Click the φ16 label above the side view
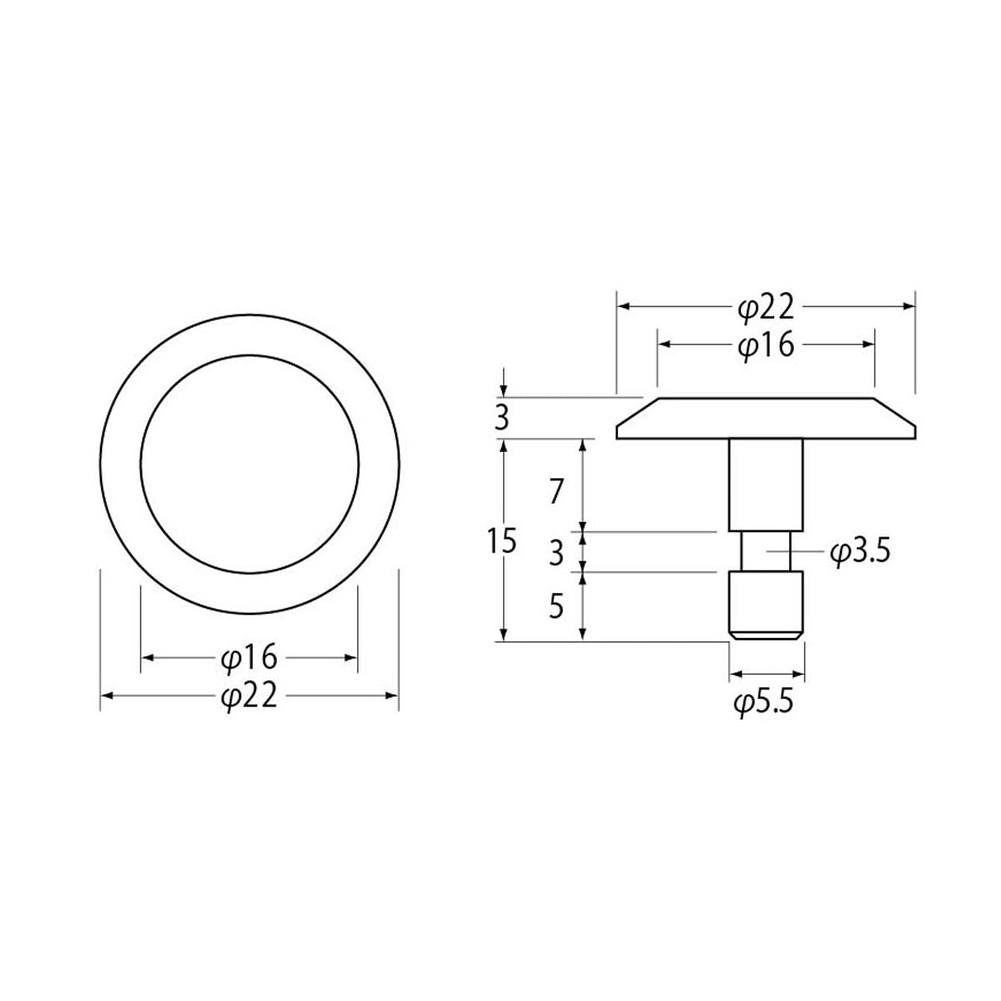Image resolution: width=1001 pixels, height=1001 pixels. [766, 346]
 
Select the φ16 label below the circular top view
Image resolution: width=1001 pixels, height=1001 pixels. [249, 658]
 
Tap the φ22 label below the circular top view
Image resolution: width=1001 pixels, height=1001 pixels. [249, 697]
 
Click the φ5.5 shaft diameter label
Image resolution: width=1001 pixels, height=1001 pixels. [763, 704]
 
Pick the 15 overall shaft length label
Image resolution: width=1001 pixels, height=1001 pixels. [502, 541]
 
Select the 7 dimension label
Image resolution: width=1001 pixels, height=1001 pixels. [556, 491]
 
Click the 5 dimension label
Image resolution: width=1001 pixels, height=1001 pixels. [556, 606]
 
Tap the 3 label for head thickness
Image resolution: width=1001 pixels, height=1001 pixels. [502, 419]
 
